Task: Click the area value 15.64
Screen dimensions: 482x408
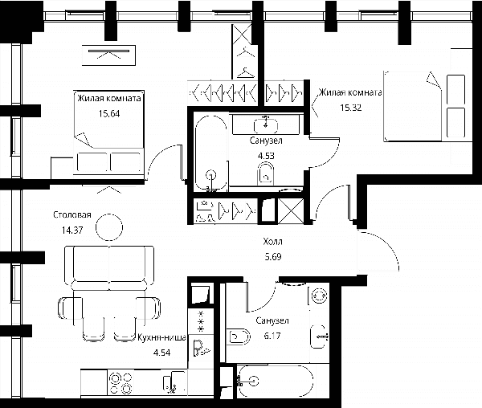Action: click(x=109, y=114)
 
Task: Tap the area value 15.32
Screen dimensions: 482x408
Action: click(x=350, y=108)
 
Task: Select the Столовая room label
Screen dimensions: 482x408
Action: click(x=72, y=214)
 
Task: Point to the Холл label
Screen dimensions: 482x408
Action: click(x=272, y=242)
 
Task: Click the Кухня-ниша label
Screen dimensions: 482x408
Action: click(x=161, y=337)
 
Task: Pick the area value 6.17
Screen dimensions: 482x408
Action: click(x=272, y=336)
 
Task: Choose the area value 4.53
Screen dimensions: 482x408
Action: click(x=266, y=156)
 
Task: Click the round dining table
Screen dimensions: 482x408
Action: click(x=109, y=227)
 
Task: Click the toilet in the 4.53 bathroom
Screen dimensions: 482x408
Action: click(x=266, y=173)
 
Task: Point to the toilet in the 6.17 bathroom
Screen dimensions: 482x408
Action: click(x=239, y=337)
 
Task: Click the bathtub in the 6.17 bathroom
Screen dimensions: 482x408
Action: click(x=276, y=381)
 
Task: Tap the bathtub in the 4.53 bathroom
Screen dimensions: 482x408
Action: click(x=211, y=153)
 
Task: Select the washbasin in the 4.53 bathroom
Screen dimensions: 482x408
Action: click(x=266, y=125)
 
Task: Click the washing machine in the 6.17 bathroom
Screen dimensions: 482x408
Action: click(x=319, y=296)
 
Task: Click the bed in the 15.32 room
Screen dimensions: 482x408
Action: click(x=428, y=106)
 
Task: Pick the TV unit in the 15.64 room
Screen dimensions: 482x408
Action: click(x=108, y=55)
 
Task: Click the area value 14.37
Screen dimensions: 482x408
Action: click(x=72, y=230)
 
